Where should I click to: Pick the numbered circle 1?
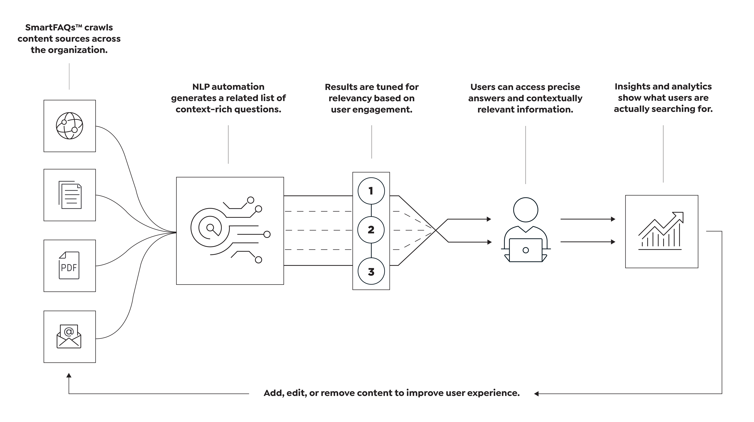(x=371, y=191)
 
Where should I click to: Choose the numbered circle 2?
(x=371, y=230)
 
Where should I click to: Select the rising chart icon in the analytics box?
(x=661, y=231)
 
